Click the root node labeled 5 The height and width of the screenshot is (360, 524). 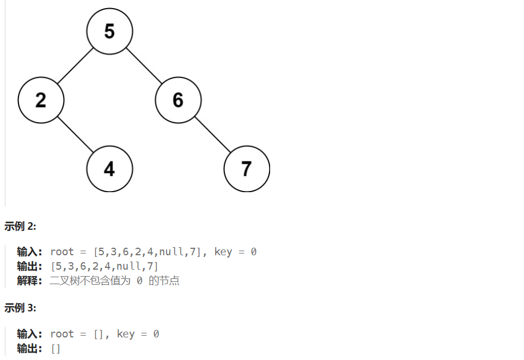pyautogui.click(x=109, y=31)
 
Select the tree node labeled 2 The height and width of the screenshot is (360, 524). pyautogui.click(x=40, y=100)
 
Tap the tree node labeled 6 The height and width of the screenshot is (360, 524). pyautogui.click(x=178, y=100)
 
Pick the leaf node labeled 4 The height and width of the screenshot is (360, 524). pyautogui.click(x=109, y=169)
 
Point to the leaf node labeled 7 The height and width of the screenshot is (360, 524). pyautogui.click(x=246, y=169)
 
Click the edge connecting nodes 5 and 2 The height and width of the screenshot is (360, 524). pyautogui.click(x=75, y=66)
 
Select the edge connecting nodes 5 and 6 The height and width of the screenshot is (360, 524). pyautogui.click(x=143, y=66)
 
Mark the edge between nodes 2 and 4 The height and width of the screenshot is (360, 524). pyautogui.click(x=75, y=135)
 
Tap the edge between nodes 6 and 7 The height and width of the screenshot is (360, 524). pyautogui.click(x=212, y=135)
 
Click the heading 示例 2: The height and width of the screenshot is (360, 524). pyautogui.click(x=20, y=226)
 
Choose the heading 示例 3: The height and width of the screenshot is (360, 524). pyautogui.click(x=20, y=308)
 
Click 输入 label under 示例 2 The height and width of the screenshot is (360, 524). pyautogui.click(x=29, y=252)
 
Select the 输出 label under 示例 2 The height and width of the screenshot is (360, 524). pyautogui.click(x=29, y=266)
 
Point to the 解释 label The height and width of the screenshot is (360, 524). pyautogui.click(x=29, y=281)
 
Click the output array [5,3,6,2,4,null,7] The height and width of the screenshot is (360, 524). pyautogui.click(x=105, y=266)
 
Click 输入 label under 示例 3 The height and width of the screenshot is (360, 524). pyautogui.click(x=29, y=334)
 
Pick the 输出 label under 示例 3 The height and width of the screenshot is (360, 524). pyautogui.click(x=29, y=348)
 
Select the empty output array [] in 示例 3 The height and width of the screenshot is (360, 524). pyautogui.click(x=56, y=348)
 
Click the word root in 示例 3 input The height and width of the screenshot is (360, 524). pyautogui.click(x=62, y=334)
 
